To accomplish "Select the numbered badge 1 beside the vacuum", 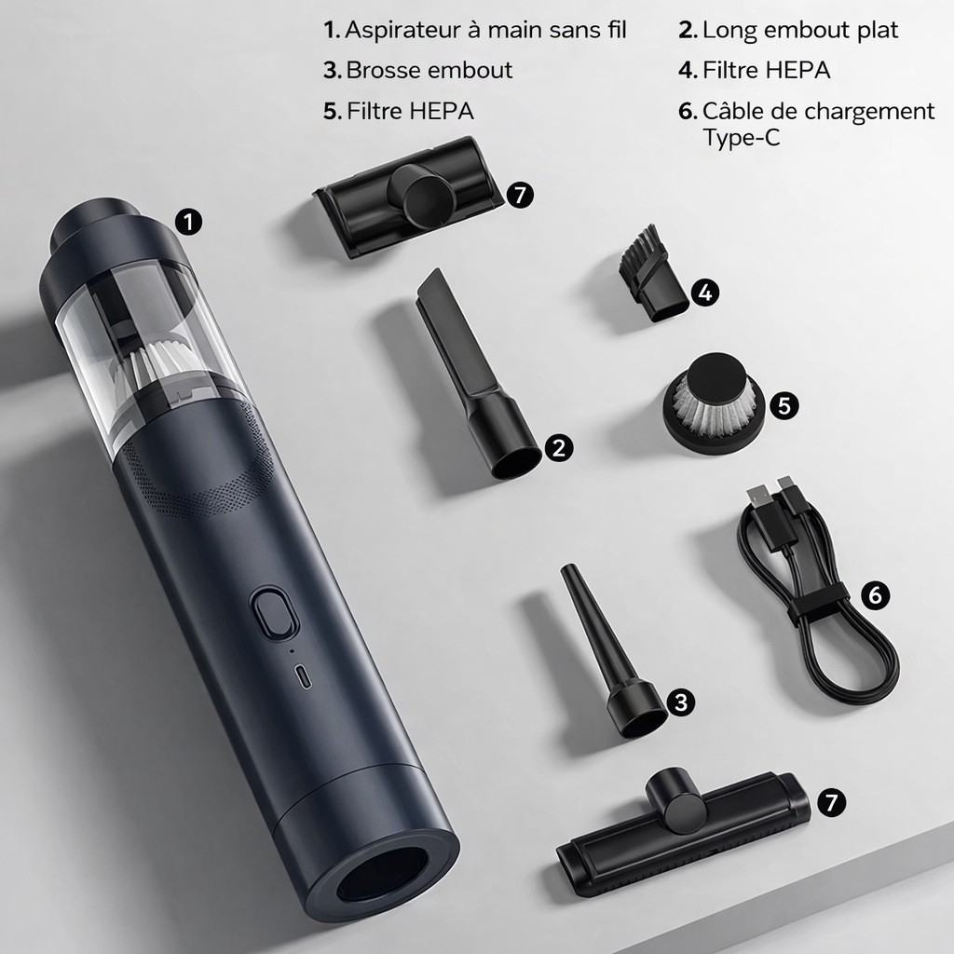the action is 188,222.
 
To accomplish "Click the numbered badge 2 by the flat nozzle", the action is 559,448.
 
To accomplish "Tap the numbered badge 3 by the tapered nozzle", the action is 681,702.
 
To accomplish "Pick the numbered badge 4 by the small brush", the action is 705,293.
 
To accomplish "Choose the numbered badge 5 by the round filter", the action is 784,405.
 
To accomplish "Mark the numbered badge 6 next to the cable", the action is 875,594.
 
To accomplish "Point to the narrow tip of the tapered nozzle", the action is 568,571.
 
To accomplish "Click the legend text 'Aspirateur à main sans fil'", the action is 485,30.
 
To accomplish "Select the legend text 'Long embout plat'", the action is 800,31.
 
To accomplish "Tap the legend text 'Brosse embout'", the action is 429,71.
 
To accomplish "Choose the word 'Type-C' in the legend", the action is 741,138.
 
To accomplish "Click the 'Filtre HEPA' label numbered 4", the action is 766,71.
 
